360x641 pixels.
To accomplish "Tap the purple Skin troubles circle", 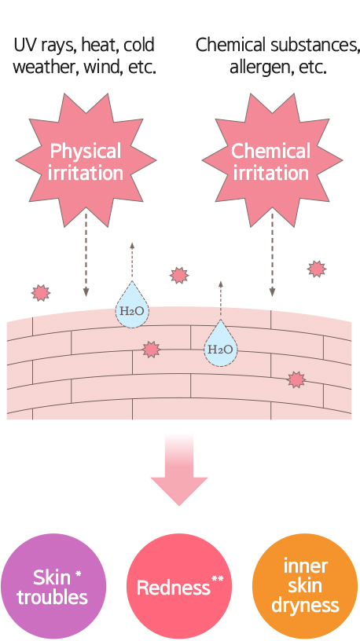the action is coord(53,587).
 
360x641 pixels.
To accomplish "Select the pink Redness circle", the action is coord(179,587).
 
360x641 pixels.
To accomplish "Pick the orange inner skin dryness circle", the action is coord(305,587).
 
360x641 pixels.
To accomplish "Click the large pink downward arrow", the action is coord(179,470).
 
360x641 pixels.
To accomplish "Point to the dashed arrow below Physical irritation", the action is coord(86,255).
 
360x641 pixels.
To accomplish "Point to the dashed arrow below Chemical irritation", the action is coord(272,255).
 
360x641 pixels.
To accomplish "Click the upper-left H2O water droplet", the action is coord(132,306).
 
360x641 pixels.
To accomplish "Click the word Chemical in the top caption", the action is coord(230,45).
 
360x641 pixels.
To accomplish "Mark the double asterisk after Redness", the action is coord(217,578).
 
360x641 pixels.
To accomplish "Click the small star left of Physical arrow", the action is coord(41,293).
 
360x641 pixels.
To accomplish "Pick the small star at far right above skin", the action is coord(317,269).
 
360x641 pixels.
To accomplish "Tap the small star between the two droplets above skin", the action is coord(179,275).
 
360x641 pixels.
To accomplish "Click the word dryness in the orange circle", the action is coord(305,605).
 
